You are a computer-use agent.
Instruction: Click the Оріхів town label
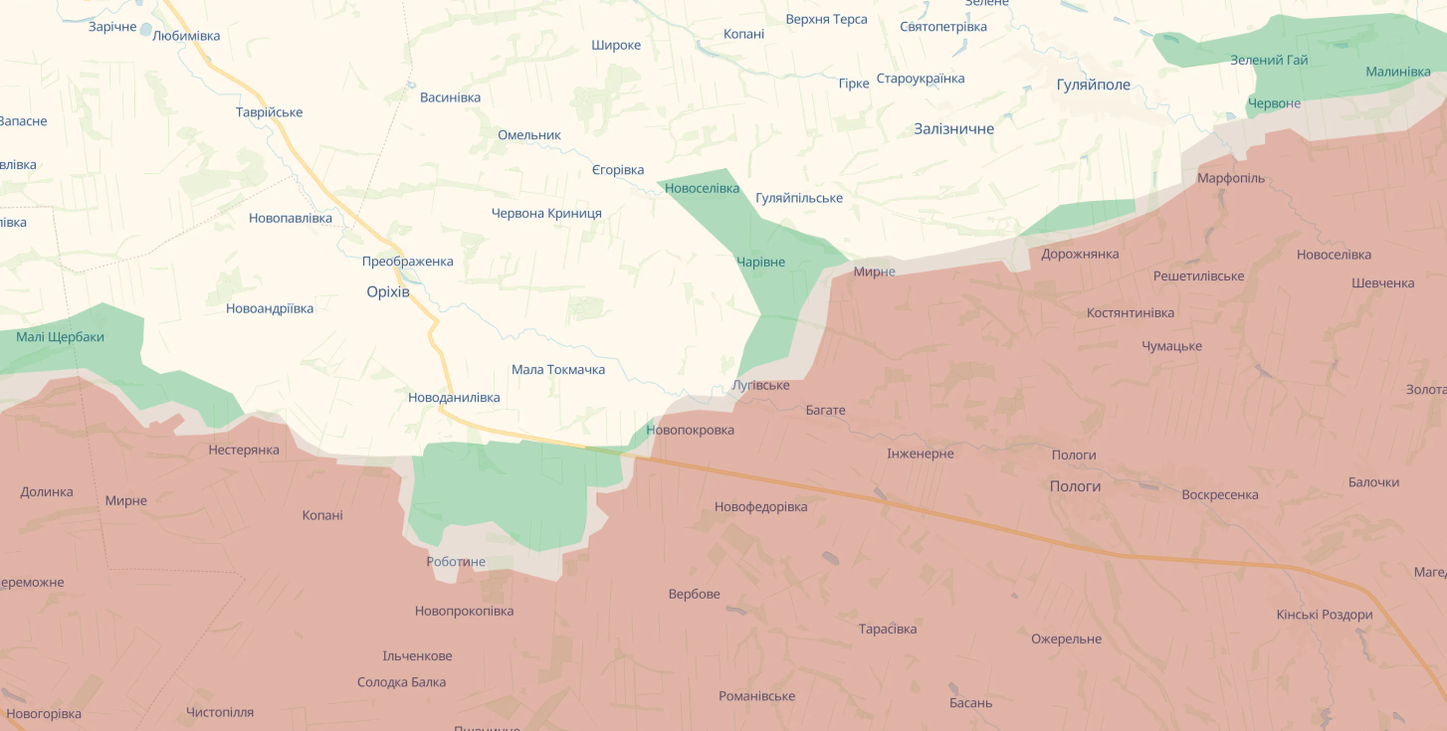point(388,291)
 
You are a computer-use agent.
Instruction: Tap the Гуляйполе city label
point(1093,85)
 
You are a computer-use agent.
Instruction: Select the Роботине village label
point(456,562)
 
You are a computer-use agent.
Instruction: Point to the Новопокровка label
point(690,430)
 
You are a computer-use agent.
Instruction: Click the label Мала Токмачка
point(557,370)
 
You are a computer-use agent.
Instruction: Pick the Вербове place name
point(694,594)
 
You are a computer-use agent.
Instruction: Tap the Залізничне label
point(953,128)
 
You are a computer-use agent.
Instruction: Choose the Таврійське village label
point(269,112)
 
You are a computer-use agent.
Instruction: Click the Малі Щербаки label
point(60,337)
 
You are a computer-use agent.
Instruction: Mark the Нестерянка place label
point(244,450)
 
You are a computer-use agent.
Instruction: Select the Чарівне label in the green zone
point(760,263)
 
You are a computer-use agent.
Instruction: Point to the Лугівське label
point(760,385)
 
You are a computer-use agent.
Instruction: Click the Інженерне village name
point(920,454)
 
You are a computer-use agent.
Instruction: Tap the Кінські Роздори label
point(1324,615)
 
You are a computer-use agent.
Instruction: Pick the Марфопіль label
point(1230,178)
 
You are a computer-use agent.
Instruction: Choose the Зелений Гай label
point(1269,60)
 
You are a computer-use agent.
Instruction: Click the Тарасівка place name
point(888,629)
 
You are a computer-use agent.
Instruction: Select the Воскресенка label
point(1219,494)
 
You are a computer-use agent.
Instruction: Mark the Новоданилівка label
point(454,398)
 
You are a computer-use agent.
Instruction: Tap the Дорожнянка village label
point(1080,254)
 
